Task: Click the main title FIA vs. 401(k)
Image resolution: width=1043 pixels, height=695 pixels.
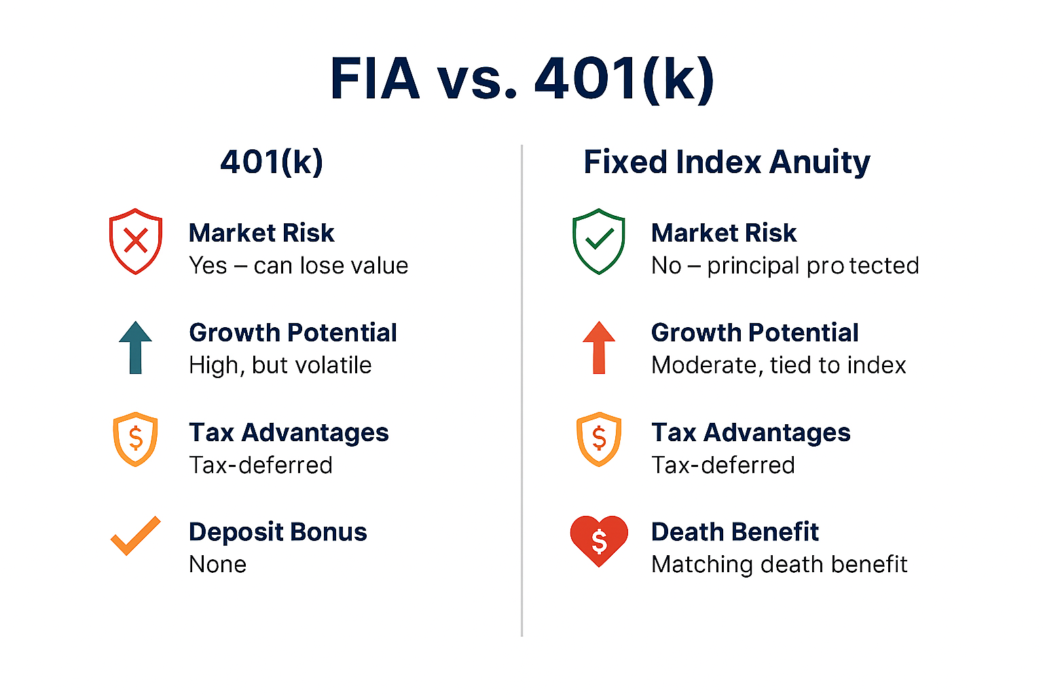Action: pyautogui.click(x=521, y=79)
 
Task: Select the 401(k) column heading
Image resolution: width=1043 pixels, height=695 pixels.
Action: pyautogui.click(x=272, y=162)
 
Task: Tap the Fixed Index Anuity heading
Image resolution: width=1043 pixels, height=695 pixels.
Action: pyautogui.click(x=727, y=162)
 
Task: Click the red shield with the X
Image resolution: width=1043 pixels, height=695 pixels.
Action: pyautogui.click(x=136, y=241)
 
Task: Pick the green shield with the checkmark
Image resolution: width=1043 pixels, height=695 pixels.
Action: pyautogui.click(x=598, y=241)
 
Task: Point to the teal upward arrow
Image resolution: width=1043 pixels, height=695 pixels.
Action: pyautogui.click(x=136, y=347)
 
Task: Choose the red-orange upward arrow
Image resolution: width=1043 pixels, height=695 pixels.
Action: pyautogui.click(x=599, y=347)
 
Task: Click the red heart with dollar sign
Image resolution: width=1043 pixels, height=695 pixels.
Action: pyautogui.click(x=599, y=541)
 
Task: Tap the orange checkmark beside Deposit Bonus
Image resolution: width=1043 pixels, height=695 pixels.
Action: pyautogui.click(x=136, y=536)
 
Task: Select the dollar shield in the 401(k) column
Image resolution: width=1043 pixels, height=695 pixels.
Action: pyautogui.click(x=136, y=439)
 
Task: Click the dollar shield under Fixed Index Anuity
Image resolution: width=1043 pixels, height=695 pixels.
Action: pyautogui.click(x=599, y=439)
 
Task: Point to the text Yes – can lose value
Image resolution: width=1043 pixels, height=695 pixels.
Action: pyautogui.click(x=299, y=266)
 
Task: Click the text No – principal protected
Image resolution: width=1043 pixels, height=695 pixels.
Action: pyautogui.click(x=785, y=266)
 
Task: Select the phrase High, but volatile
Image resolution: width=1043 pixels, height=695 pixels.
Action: pyautogui.click(x=280, y=365)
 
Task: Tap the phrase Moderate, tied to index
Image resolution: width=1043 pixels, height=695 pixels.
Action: pyautogui.click(x=779, y=365)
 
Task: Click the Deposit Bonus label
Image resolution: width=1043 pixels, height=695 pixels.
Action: pyautogui.click(x=278, y=532)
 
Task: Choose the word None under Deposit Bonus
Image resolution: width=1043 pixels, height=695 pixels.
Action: pyautogui.click(x=217, y=565)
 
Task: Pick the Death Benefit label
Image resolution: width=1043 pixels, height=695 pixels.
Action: pyautogui.click(x=735, y=531)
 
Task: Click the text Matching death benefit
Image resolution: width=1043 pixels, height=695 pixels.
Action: pyautogui.click(x=780, y=565)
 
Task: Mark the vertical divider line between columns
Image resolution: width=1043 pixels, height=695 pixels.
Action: pyautogui.click(x=522, y=390)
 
